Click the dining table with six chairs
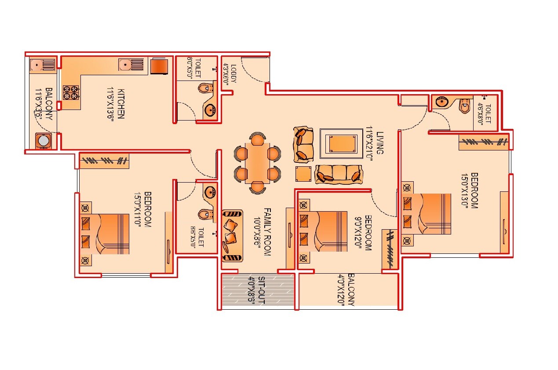pos(257,163)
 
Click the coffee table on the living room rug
pos(342,143)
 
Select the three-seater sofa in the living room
pos(339,174)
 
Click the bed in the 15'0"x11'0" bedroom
pos(106,234)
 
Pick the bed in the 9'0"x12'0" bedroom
pos(323,231)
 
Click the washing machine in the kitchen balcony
pos(43,141)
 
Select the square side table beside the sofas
pos(303,174)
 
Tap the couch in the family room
pos(232,235)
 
